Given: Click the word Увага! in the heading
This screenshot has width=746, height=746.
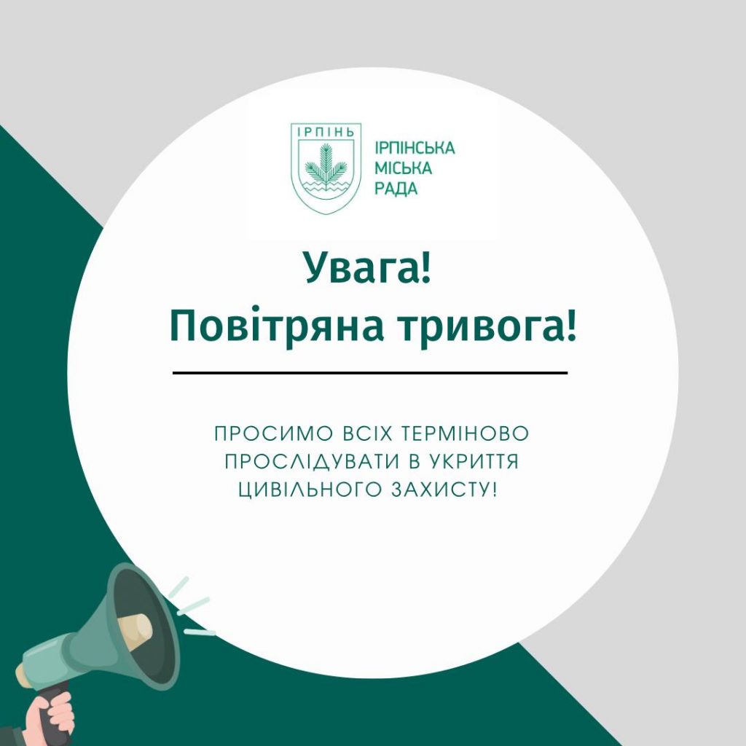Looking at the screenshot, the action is pyautogui.click(x=368, y=267).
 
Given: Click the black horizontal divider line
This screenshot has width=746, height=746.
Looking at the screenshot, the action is pyautogui.click(x=370, y=373).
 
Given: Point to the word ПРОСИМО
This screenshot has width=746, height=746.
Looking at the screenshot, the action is pyautogui.click(x=273, y=434).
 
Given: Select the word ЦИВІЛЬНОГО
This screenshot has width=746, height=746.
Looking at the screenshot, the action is pyautogui.click(x=310, y=490).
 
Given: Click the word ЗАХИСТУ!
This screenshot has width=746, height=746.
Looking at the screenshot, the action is pyautogui.click(x=444, y=490).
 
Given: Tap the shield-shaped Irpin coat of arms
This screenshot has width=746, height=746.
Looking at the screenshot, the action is pyautogui.click(x=326, y=168).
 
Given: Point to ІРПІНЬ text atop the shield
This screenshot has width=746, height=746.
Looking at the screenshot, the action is pyautogui.click(x=326, y=132).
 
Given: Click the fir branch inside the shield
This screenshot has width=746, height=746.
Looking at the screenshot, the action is pyautogui.click(x=326, y=165).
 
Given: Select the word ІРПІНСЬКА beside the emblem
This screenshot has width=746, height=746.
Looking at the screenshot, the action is pyautogui.click(x=415, y=148).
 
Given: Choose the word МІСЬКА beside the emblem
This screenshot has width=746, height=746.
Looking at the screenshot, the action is pyautogui.click(x=403, y=168).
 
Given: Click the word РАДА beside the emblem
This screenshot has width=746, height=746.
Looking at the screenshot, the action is pyautogui.click(x=396, y=189).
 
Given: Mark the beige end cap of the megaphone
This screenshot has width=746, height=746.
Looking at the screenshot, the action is pyautogui.click(x=22, y=675).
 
